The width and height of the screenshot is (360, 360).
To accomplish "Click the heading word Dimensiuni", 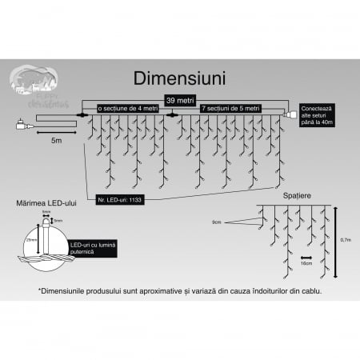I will [x=179, y=78].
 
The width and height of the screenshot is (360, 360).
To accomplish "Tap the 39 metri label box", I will [x=180, y=99].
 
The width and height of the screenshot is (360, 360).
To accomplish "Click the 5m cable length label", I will [x=56, y=139].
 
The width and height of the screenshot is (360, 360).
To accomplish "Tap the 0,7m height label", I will [x=345, y=238].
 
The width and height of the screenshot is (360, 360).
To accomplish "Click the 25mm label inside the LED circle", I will [x=30, y=240].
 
